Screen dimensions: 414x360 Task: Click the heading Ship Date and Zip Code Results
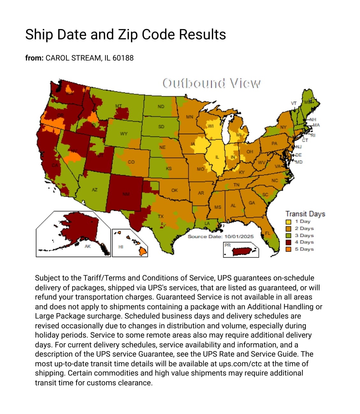click(126, 34)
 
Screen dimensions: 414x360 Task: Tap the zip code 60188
click(123, 58)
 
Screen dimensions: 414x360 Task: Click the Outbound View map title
click(211, 83)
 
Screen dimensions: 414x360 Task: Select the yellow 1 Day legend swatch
click(288, 222)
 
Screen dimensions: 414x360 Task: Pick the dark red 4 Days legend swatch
click(288, 242)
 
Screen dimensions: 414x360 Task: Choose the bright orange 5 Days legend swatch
click(288, 249)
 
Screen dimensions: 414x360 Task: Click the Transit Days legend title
click(305, 214)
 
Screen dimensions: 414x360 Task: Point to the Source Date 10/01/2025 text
click(220, 236)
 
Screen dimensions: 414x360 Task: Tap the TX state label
click(161, 216)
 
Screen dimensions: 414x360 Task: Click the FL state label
click(267, 233)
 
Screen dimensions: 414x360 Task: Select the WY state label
click(124, 133)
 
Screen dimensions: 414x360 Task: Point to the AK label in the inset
click(88, 246)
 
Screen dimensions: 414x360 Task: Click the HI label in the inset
click(121, 246)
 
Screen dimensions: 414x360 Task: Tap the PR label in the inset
click(227, 245)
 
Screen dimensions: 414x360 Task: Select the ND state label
click(161, 106)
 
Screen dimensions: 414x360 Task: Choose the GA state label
click(252, 203)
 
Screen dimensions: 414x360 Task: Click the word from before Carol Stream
click(34, 58)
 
